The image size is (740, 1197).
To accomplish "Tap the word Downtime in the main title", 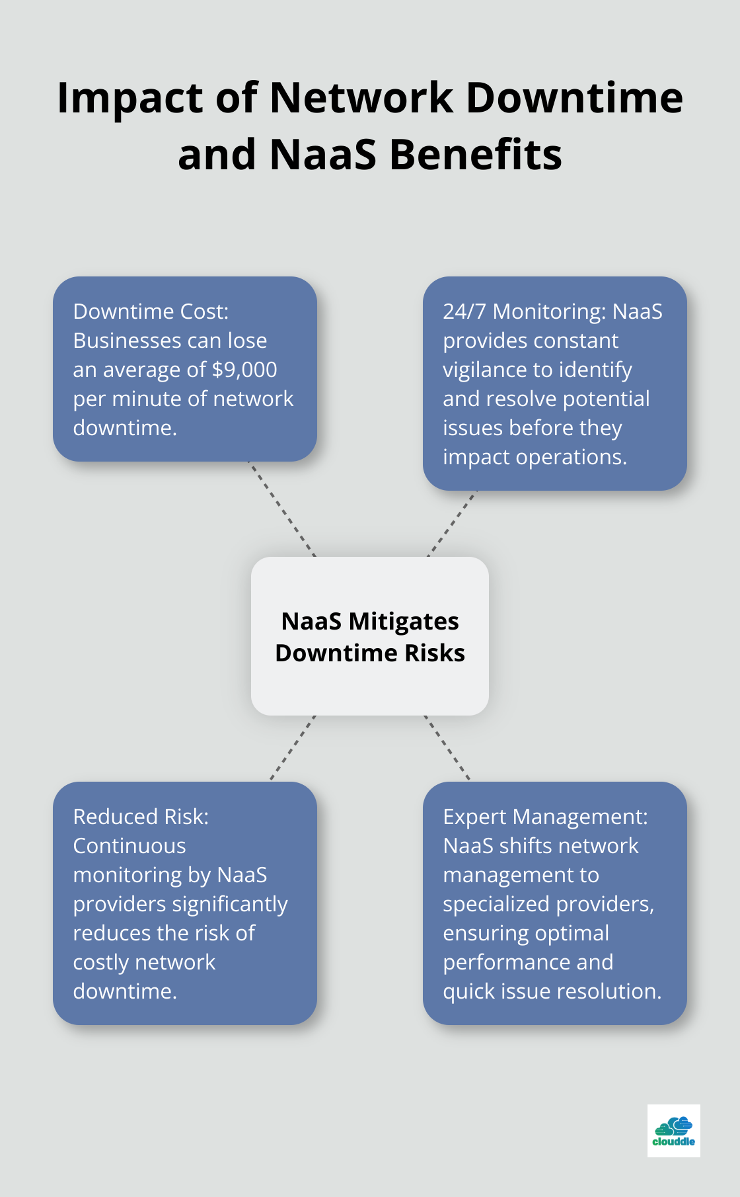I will coord(574,97).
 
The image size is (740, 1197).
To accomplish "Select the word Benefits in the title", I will coord(475,155).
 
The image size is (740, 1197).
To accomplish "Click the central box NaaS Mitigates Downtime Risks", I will coord(370,636).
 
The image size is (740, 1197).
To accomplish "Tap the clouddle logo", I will coord(673,1130).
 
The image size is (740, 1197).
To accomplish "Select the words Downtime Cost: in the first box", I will coord(151,311).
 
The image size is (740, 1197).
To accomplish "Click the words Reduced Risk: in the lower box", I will coord(141,817).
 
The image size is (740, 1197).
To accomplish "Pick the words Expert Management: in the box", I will coord(545,817).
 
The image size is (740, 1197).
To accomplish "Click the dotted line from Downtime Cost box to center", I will coord(282,509).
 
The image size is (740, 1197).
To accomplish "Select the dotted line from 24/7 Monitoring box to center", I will coord(452,524).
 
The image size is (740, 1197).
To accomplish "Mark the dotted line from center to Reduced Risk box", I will coord(293,748).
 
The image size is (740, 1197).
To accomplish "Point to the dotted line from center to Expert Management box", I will coord(447,748).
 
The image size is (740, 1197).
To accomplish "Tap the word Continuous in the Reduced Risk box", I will coord(129,846).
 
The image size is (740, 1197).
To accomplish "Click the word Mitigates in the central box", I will coord(403,622).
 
